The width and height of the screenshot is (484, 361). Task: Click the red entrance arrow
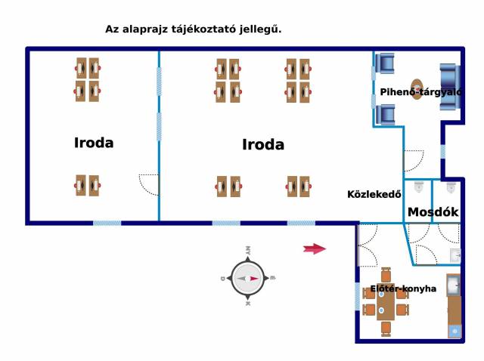point(314,248)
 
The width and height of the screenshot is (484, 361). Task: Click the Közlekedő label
point(373,193)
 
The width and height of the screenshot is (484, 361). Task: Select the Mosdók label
point(433,212)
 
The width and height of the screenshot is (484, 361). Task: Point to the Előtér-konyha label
point(402,288)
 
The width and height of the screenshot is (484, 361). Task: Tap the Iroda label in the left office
point(94,142)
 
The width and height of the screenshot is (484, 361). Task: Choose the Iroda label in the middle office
point(263,144)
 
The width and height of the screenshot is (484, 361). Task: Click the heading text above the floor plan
point(198,29)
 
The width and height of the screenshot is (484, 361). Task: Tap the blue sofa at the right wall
point(449,87)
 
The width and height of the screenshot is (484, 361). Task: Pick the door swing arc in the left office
point(149,184)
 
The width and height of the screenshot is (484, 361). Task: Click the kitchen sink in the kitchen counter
point(453,285)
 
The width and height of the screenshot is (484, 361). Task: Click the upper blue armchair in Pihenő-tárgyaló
point(386,63)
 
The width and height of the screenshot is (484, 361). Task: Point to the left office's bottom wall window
point(107,223)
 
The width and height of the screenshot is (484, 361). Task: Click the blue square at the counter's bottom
point(454,331)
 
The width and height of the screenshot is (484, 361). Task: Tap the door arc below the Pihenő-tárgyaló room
point(414,161)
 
